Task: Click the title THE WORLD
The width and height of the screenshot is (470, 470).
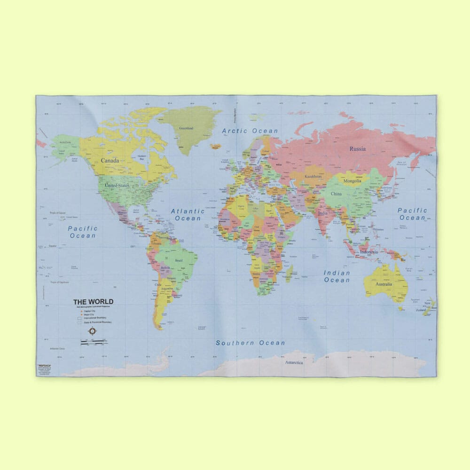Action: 93,302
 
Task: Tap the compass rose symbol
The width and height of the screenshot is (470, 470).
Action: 92,331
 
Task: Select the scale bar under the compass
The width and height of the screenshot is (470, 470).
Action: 92,344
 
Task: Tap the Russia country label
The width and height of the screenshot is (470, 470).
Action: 357,149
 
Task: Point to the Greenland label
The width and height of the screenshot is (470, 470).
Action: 186,128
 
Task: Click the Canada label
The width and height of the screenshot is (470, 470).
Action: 110,161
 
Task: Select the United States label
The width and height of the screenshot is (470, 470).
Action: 117,185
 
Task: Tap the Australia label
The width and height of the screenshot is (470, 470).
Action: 384,284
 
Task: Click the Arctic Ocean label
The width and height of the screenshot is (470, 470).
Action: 250,131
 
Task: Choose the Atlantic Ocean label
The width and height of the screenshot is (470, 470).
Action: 188,215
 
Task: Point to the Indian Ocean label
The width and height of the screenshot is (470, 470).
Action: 337,276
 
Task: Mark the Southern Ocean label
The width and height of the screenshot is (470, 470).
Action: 250,343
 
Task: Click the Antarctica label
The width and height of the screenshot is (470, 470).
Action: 294,362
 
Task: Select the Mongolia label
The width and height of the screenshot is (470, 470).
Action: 352,181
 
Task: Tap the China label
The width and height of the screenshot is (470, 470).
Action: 336,194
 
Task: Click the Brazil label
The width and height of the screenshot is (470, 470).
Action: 179,260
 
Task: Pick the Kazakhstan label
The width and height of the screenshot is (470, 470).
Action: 313,176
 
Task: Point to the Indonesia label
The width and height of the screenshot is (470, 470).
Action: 368,252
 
